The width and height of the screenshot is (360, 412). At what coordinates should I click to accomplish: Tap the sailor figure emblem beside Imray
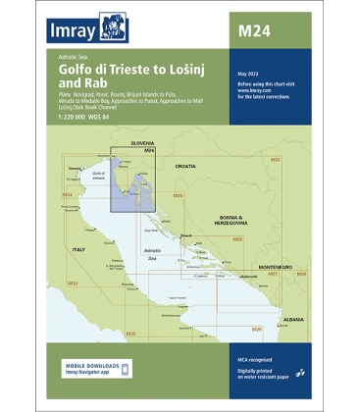[x=129, y=26]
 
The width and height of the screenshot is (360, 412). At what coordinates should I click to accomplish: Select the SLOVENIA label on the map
[x=143, y=143]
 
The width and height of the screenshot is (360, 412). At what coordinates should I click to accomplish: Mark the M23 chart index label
[x=275, y=159]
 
